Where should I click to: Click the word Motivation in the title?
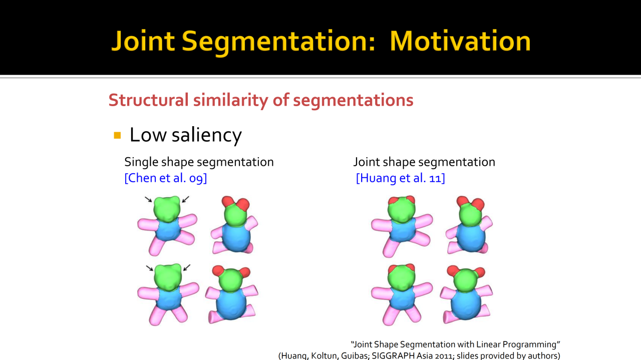tap(460, 41)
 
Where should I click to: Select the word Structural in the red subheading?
tap(149, 100)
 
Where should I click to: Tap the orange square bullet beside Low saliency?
tap(117, 135)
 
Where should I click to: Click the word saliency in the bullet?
tap(207, 135)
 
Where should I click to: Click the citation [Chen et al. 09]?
tap(166, 178)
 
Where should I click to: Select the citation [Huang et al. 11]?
tap(400, 178)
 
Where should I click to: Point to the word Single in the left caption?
tap(141, 162)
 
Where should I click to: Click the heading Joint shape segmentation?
tap(424, 162)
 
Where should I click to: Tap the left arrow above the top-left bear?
tap(148, 199)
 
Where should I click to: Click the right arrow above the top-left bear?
tap(185, 199)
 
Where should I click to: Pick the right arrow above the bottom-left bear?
tap(187, 268)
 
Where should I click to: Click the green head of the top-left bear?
tap(167, 209)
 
